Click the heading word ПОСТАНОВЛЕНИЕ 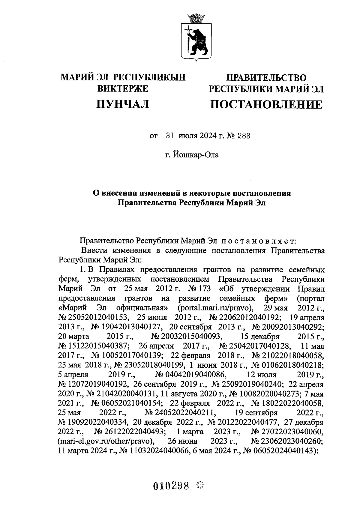tap(266, 104)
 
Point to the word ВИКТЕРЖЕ tap(123, 88)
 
